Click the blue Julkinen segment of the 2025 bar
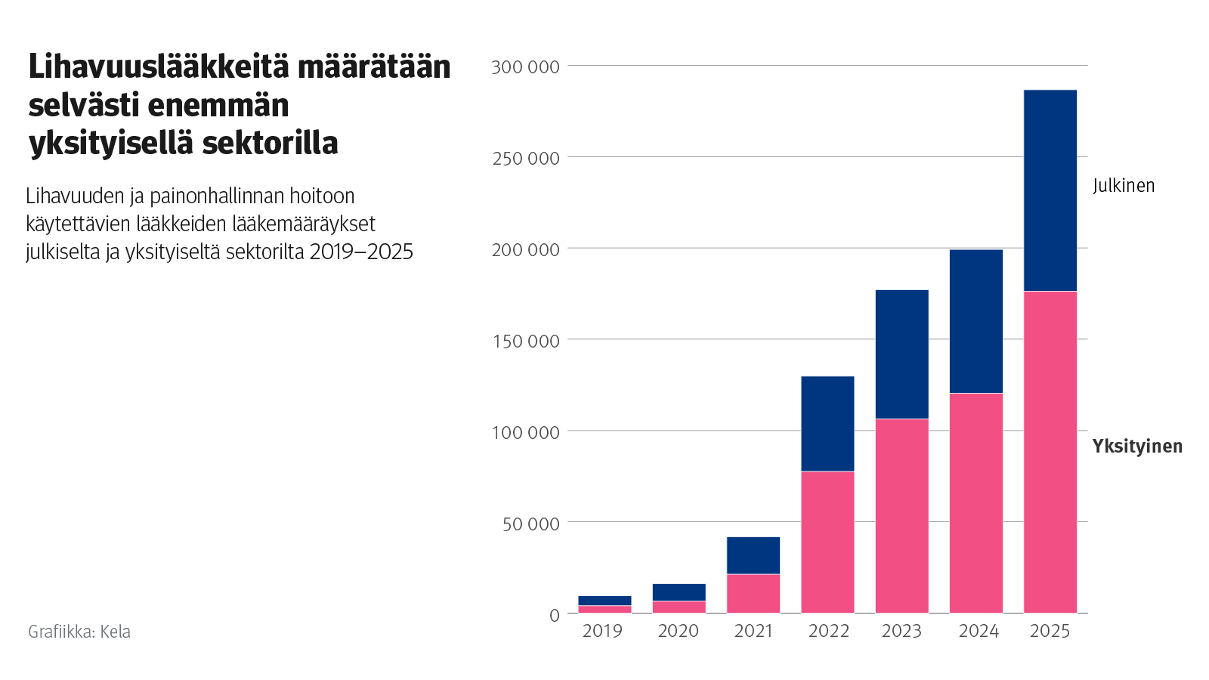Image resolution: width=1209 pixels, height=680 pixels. [x=1050, y=190]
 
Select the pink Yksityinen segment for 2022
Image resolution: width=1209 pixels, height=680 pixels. [x=827, y=542]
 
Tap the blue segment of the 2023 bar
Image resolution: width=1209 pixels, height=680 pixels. [x=901, y=354]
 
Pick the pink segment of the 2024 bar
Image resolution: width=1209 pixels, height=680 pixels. [x=976, y=502]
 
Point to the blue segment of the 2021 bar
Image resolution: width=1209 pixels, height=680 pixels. [x=753, y=555]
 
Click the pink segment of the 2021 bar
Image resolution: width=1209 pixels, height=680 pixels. [x=753, y=594]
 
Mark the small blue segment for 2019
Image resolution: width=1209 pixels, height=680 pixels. [x=604, y=601]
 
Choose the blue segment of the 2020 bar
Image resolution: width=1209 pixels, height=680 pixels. [x=679, y=592]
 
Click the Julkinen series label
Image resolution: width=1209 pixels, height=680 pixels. [x=1124, y=186]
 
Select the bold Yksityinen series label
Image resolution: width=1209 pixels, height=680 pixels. [x=1137, y=447]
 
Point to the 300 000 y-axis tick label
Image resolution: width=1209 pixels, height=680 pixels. [x=525, y=67]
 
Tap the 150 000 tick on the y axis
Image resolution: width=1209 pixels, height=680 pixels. [x=525, y=342]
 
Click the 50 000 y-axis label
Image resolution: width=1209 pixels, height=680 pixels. [x=530, y=524]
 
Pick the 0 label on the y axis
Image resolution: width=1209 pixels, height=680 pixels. [x=554, y=616]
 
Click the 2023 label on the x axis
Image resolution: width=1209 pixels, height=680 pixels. [x=901, y=631]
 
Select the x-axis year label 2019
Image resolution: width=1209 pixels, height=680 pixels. [x=602, y=631]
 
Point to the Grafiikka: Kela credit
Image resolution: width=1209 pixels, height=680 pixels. [x=79, y=632]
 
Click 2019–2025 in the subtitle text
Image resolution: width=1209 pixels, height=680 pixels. [x=361, y=252]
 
